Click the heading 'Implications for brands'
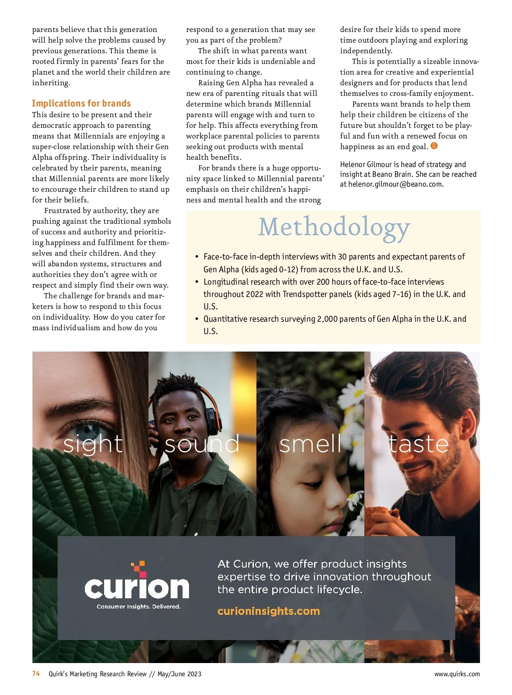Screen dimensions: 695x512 pos(81,104)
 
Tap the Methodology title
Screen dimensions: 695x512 pos(334,228)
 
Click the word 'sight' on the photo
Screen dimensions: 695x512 pos(93,444)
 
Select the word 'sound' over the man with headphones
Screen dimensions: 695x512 pos(202,444)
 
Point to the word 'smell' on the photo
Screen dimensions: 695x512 pos(310,444)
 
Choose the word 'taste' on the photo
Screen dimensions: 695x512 pos(419,444)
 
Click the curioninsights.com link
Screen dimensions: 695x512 pos(268,611)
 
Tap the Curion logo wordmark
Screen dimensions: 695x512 pos(137,588)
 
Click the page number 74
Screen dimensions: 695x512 pos(36,674)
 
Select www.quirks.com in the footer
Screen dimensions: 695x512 pos(457,674)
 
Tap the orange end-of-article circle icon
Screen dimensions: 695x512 pos(434,146)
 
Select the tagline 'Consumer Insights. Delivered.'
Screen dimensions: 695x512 pos(138,607)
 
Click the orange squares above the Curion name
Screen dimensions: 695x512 pos(138,567)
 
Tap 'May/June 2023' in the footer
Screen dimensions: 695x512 pos(179,674)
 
